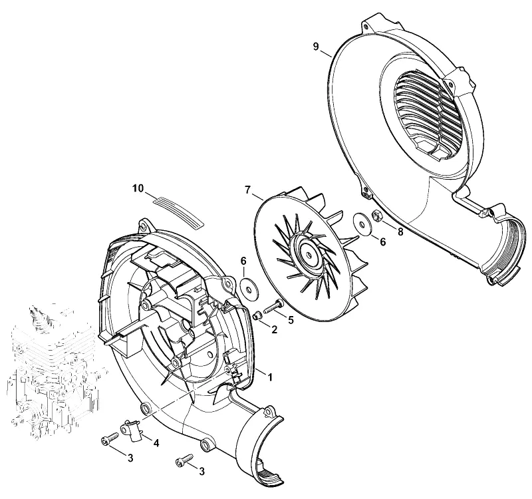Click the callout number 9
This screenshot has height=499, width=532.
point(316,47)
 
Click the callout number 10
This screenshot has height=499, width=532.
point(138,188)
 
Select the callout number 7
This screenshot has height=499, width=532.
point(247,190)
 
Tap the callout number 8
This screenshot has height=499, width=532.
point(400,232)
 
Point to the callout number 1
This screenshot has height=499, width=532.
point(270,377)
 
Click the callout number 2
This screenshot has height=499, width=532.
point(274,329)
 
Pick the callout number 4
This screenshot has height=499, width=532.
point(156,443)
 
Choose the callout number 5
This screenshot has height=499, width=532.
point(291,320)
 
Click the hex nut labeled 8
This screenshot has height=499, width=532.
point(377,215)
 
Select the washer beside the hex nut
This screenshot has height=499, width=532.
point(362,224)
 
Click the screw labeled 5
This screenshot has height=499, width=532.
point(273,305)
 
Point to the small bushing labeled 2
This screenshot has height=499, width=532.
point(258,315)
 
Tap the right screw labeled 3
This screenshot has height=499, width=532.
point(185,460)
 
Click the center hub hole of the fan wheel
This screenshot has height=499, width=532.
point(309,255)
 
